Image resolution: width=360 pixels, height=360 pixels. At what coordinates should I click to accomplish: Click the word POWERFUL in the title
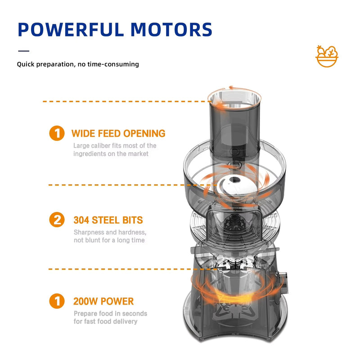coord(71,30)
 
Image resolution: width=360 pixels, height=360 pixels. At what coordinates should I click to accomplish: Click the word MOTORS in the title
coord(171,30)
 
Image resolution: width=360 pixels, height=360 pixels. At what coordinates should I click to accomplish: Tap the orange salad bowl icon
coord(327,56)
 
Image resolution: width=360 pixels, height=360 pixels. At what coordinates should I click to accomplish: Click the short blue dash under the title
coord(24,51)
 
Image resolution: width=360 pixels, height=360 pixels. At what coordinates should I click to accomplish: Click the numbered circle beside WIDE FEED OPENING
coord(57,133)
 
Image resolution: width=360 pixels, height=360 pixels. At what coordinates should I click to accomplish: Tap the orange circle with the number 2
coord(57,220)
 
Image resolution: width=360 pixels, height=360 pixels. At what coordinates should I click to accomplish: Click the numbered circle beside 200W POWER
coord(57,301)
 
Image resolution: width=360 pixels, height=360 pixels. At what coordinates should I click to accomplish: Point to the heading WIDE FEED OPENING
coord(118,133)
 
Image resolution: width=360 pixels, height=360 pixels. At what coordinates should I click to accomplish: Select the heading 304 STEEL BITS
coord(108,220)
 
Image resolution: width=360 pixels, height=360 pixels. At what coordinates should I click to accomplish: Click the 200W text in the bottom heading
coord(85,301)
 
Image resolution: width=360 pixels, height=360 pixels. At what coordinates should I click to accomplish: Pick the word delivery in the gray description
coord(126,321)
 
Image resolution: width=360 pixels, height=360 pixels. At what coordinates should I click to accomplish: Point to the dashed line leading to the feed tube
coord(127,101)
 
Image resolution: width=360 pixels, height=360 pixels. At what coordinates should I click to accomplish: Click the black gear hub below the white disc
coord(234,222)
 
